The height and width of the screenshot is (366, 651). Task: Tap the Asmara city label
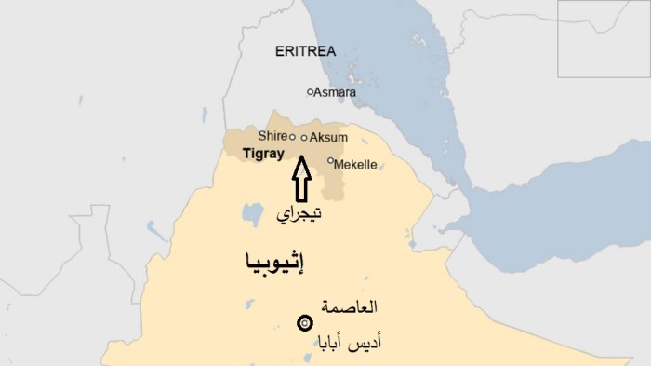tap(336, 92)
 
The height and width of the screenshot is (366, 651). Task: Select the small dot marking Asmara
tap(311, 91)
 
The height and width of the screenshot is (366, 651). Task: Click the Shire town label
tap(272, 136)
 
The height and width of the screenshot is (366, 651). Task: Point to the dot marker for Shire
tap(292, 137)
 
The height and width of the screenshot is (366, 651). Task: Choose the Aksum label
tap(327, 137)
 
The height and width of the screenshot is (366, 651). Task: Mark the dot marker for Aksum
tap(303, 137)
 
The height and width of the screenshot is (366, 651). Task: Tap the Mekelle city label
tap(355, 165)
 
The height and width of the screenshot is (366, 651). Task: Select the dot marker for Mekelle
tap(330, 160)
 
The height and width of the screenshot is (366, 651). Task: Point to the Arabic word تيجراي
tap(299, 214)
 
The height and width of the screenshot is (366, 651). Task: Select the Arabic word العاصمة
tap(349, 306)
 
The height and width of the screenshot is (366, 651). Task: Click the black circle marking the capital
tap(304, 322)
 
